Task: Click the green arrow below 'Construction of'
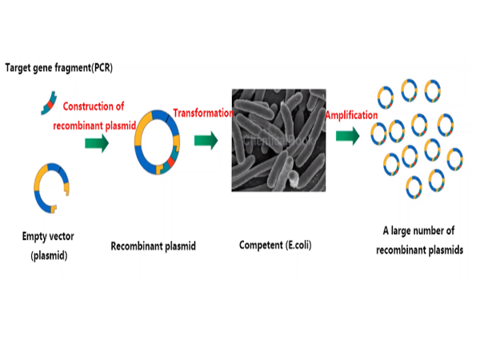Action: click(97, 142)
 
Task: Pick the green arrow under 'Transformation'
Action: click(206, 142)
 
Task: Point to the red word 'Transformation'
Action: click(202, 114)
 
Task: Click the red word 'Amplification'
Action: click(351, 116)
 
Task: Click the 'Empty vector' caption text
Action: click(50, 238)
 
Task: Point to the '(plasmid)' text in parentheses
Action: click(50, 255)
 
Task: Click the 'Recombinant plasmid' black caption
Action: click(153, 246)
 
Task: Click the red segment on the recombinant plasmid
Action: click(170, 164)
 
